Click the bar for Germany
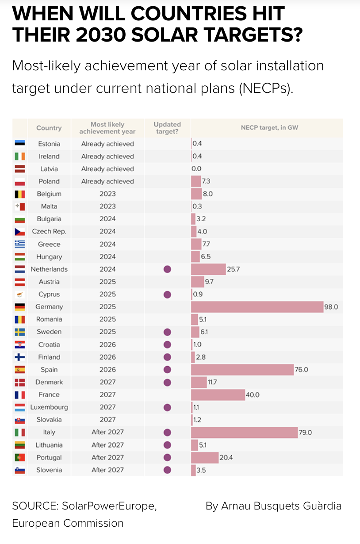coord(257,306)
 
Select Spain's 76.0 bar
coord(242,369)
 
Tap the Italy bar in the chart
coord(244,432)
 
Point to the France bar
coord(218,395)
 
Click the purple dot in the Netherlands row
coord(167,269)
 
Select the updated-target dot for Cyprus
coord(167,294)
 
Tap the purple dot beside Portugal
coord(167,457)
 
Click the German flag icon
coord(20,306)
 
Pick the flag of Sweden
coord(20,332)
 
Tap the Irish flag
coord(20,156)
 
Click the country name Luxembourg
coord(49,407)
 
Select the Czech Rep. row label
coord(49,231)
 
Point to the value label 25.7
coord(234,269)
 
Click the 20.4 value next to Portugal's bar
coord(226,457)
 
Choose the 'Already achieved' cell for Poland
coord(107,181)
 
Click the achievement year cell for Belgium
coord(107,194)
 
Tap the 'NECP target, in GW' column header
coord(269,127)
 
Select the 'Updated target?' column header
coord(167,128)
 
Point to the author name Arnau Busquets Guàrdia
coord(273,506)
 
